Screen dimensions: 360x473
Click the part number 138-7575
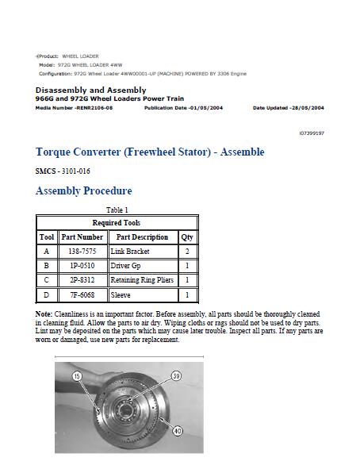[x=82, y=252]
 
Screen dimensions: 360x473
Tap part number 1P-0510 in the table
[x=82, y=266]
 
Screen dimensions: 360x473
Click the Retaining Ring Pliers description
[x=142, y=280]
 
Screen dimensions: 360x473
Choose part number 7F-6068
[x=82, y=294]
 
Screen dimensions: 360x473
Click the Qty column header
[x=186, y=237]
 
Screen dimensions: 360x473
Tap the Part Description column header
[x=142, y=237]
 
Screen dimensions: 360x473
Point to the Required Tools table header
[x=117, y=223]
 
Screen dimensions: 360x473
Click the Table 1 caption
[x=117, y=210]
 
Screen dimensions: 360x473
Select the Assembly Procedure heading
[x=83, y=190]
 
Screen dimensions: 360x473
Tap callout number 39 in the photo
[x=176, y=376]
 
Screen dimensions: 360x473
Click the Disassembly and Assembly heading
[x=90, y=90]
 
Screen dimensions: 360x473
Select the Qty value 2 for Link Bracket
[x=186, y=252]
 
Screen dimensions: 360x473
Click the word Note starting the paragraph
[x=44, y=315]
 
